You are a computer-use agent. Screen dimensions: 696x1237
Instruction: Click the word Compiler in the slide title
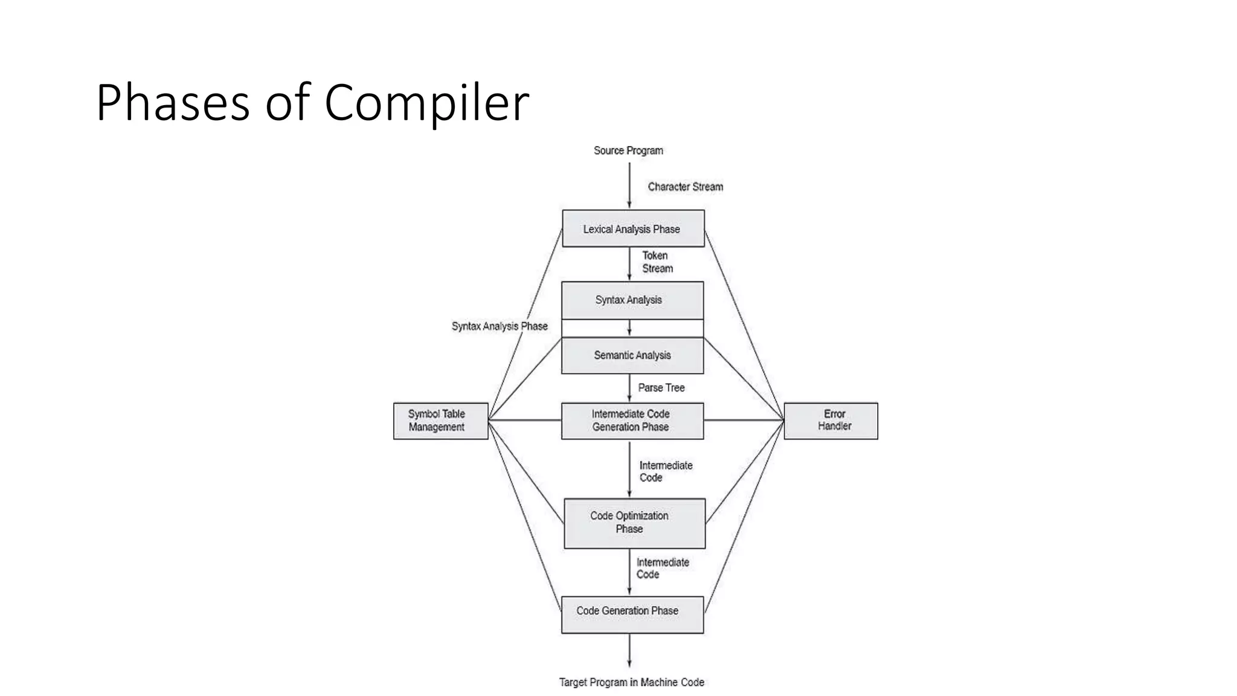(x=426, y=103)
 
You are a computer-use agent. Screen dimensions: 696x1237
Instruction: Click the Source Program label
(x=628, y=150)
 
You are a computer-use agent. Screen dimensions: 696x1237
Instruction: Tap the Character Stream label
(x=685, y=187)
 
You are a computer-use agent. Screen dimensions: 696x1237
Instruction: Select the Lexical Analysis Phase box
(x=633, y=228)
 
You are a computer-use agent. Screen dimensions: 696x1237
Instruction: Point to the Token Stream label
(x=657, y=262)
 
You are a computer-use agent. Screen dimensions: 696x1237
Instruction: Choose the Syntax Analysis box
(x=632, y=300)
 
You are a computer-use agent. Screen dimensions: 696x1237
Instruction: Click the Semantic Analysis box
(x=632, y=355)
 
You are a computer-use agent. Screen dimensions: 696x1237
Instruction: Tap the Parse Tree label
(x=661, y=388)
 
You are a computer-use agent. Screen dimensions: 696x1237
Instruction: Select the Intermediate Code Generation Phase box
(x=632, y=420)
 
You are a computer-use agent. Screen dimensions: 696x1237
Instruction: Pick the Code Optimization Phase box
(x=634, y=523)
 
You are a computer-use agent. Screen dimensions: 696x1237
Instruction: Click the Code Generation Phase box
(x=632, y=614)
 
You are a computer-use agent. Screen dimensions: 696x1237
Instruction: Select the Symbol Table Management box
(x=440, y=420)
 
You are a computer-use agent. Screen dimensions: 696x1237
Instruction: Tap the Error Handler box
(x=831, y=420)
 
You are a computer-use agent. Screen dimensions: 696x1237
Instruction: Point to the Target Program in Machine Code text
(x=631, y=682)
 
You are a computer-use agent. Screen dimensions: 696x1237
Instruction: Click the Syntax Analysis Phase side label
(x=499, y=326)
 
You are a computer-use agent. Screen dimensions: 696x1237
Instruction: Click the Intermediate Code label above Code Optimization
(x=665, y=471)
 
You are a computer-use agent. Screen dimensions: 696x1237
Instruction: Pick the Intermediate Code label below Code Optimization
(x=662, y=568)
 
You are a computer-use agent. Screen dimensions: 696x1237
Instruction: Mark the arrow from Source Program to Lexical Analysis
(x=629, y=185)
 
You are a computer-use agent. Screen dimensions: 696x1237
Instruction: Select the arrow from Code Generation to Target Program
(x=629, y=650)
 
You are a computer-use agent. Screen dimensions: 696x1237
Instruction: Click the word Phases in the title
(x=172, y=103)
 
